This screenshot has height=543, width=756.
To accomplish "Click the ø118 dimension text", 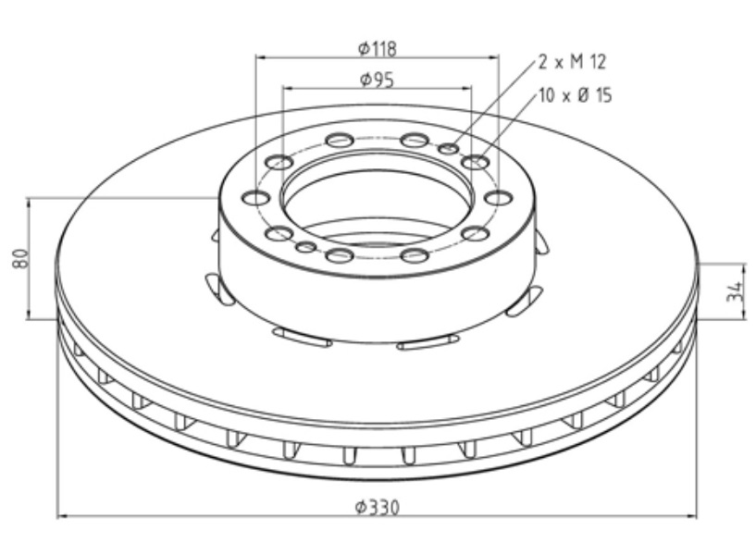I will tap(378, 47).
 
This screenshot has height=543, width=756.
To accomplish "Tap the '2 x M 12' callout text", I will tap(572, 62).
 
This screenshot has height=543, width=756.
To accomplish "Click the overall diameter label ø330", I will tap(378, 508).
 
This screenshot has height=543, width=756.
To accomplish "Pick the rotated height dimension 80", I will tap(19, 257).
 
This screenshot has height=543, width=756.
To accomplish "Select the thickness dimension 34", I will tap(734, 292).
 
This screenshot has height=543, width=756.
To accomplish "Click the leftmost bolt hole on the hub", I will tap(255, 197).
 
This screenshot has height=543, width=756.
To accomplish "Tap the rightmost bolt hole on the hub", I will tap(499, 197).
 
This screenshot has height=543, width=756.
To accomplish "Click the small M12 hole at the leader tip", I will tap(449, 149).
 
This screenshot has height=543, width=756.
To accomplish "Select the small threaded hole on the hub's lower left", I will tap(305, 247).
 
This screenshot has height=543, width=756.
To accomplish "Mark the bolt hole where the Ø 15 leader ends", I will tap(476, 163).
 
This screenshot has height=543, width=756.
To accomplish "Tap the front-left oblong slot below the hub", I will tap(302, 338).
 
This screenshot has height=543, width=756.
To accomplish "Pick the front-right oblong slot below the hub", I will tap(428, 344).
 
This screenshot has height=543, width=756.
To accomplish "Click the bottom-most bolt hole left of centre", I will tap(340, 254).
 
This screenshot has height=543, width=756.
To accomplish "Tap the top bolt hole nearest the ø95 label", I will tap(340, 141).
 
